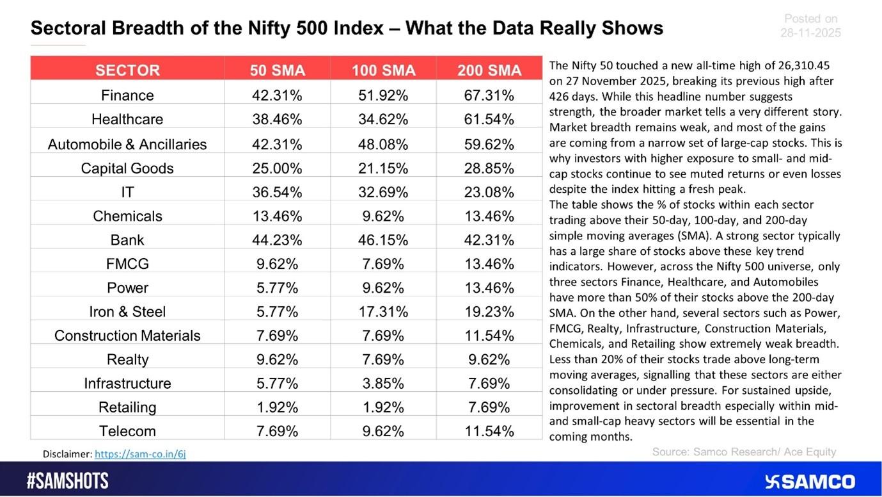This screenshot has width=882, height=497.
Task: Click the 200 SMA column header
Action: point(489,70)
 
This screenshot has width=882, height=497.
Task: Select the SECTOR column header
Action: point(127,70)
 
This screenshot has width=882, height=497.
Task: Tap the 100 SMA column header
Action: point(383,70)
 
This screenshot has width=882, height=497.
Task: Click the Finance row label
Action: point(127,95)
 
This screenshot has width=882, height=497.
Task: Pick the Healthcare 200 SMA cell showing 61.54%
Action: point(489,119)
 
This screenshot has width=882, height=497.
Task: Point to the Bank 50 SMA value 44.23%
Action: point(276,240)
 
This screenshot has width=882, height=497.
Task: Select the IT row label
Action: point(127,191)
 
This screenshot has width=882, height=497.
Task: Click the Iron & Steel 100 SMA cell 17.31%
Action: point(383,312)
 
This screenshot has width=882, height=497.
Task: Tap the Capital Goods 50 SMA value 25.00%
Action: point(276,168)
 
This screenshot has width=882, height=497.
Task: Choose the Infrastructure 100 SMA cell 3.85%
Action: point(383,384)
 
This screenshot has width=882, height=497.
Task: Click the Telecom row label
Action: point(127,431)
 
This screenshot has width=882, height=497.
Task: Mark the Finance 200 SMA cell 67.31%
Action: point(489,95)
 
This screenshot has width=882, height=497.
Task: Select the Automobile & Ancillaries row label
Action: point(127,144)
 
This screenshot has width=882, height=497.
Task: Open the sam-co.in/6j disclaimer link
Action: point(140,454)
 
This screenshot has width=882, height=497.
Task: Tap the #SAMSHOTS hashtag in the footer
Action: point(68,482)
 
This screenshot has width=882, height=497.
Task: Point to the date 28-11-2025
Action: point(810,33)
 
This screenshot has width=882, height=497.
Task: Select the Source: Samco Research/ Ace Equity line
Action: point(744,452)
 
